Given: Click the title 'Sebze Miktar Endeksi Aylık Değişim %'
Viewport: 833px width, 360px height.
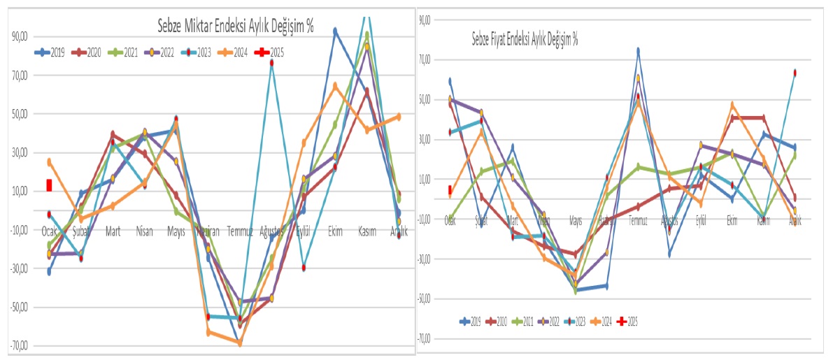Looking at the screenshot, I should point(235,27).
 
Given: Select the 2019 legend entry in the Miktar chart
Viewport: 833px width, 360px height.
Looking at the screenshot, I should point(50,52).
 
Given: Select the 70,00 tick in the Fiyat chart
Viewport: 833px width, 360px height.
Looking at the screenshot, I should point(425,61).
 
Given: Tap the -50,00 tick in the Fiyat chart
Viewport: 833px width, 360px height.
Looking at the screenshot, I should point(423,299).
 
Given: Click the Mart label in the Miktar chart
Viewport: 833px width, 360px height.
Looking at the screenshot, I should point(112,231).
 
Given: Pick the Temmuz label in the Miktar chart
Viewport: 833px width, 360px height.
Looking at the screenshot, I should point(240,231).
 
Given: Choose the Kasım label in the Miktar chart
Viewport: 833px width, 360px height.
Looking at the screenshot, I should point(369,231).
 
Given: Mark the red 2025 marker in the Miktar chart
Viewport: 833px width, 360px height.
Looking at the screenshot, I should point(49,185).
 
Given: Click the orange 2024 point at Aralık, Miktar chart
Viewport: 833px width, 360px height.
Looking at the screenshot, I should point(398,117).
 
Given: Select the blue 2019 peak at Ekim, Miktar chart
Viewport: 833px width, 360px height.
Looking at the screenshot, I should point(335,31).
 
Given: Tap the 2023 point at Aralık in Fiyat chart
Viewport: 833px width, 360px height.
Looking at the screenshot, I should point(795,73).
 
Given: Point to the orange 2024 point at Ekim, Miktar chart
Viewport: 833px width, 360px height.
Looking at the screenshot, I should point(335,85).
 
